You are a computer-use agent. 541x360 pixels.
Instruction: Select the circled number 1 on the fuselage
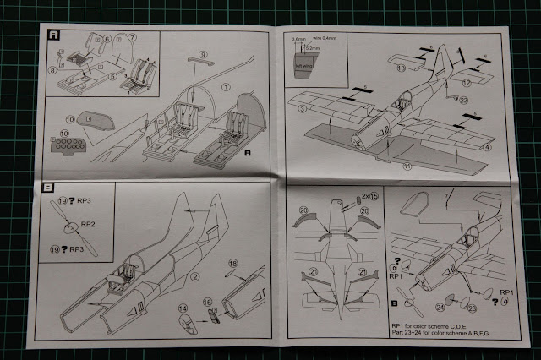tap(227, 86)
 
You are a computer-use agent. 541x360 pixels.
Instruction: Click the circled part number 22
tap(463, 100)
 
